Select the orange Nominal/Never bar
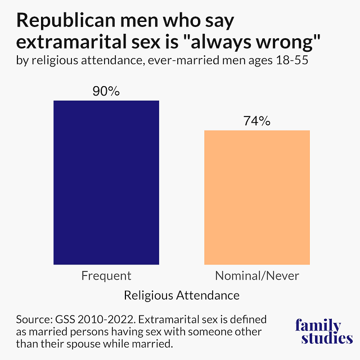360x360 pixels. pos(256,197)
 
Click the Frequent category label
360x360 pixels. pos(106,276)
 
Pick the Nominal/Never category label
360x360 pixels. pos(257,276)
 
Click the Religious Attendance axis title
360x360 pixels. pos(182,295)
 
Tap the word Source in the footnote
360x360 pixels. pos(32,319)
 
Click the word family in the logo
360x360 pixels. pos(318,326)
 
